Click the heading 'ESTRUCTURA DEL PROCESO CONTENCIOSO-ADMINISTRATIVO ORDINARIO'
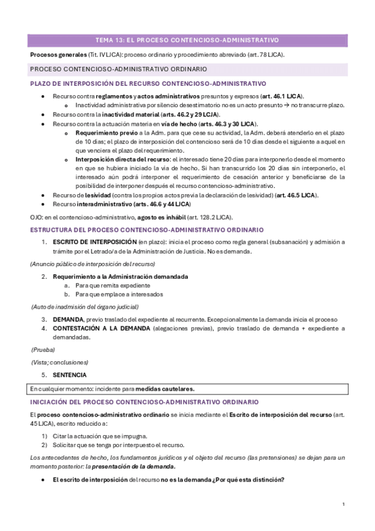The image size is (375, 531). coord(146,230)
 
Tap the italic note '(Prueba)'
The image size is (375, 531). coord(44,350)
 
